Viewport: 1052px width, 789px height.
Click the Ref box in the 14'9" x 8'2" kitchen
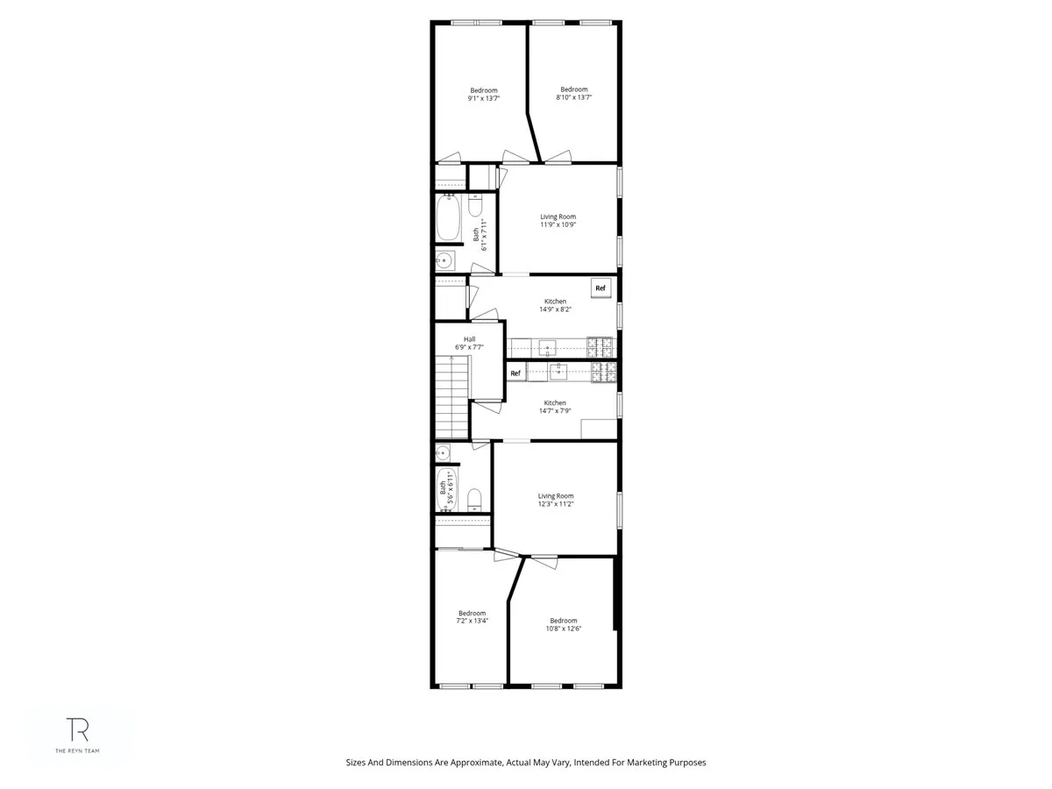tap(601, 288)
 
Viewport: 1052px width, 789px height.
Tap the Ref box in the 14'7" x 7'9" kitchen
tap(515, 373)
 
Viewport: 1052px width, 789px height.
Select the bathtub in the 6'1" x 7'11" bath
tap(450, 218)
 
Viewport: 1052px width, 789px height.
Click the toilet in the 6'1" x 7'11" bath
tap(475, 207)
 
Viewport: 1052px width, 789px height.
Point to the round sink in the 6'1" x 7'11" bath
tap(444, 260)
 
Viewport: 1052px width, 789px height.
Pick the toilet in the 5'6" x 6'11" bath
tap(474, 501)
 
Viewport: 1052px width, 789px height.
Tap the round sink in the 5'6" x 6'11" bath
tap(444, 453)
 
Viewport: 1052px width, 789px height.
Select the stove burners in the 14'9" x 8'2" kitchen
tap(602, 347)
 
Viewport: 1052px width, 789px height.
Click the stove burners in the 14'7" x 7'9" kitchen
tap(602, 373)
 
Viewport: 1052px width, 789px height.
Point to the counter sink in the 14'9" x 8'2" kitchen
tap(549, 347)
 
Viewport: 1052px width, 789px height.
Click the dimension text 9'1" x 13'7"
tap(484, 99)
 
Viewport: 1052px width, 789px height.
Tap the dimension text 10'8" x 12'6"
tap(564, 629)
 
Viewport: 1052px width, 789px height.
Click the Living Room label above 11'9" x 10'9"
tap(558, 217)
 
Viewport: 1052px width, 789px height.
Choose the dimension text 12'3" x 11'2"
tap(556, 504)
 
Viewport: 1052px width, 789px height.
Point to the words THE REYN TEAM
tap(79, 751)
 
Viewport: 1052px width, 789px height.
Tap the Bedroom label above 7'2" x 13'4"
tap(472, 613)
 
